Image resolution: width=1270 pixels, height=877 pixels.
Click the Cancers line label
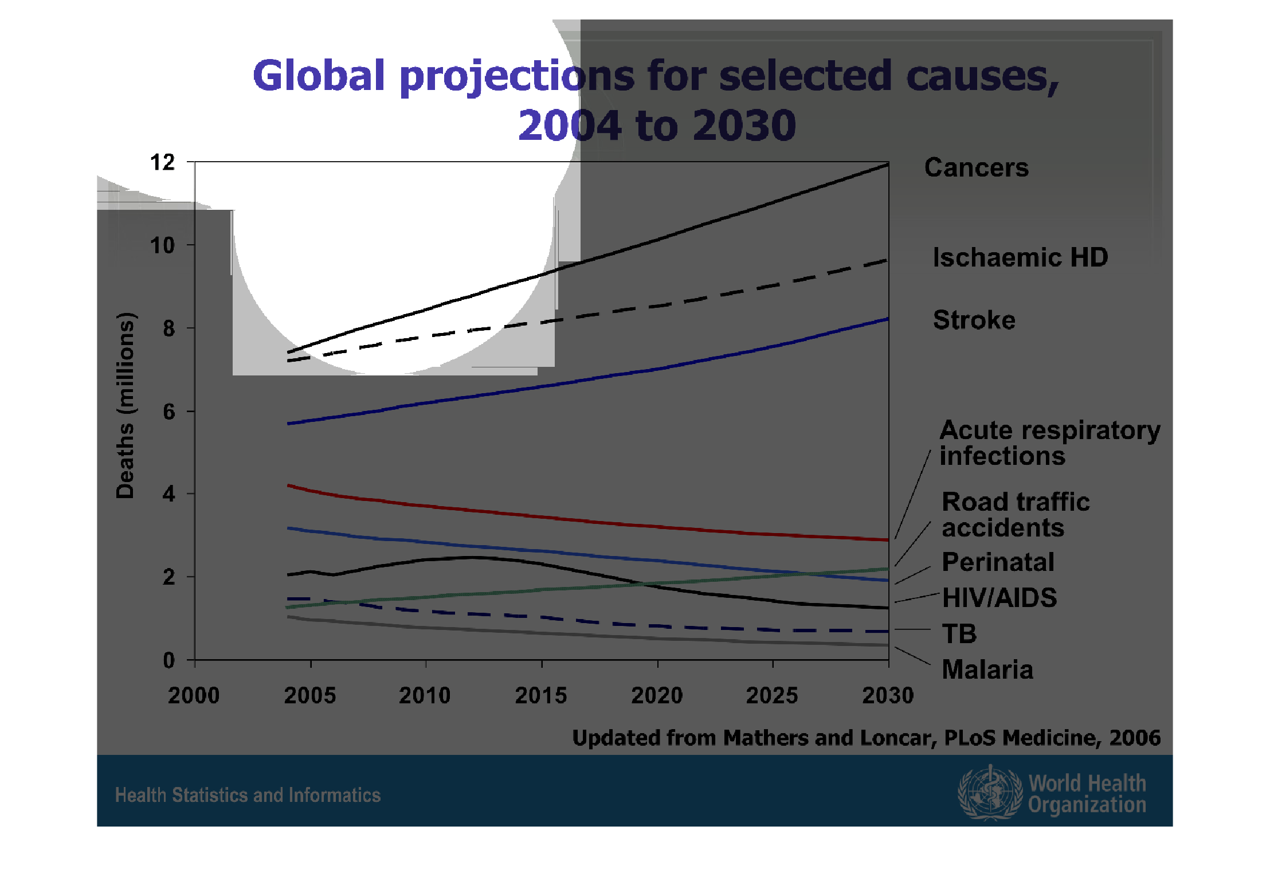(976, 168)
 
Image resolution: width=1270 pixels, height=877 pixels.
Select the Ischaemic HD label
(1020, 257)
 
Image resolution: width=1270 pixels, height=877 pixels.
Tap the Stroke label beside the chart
(974, 320)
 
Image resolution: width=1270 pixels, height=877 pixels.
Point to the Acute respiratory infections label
(1049, 443)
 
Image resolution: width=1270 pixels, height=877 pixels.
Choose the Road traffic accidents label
(1015, 514)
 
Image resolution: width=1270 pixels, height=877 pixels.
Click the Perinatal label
(998, 562)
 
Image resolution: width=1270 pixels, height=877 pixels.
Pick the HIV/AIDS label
(999, 598)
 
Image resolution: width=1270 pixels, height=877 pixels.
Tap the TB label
(959, 634)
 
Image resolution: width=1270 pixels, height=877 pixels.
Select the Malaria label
(987, 670)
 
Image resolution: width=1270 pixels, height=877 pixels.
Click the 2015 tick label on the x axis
(541, 695)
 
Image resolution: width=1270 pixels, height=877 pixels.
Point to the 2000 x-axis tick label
(194, 695)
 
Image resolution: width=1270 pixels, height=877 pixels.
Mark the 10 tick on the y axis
(162, 245)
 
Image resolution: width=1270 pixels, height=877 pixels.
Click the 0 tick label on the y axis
(168, 660)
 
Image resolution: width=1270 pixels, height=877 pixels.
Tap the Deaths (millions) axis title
(125, 405)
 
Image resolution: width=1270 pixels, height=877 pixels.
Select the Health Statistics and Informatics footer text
(248, 795)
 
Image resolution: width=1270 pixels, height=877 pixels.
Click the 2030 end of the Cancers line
(888, 165)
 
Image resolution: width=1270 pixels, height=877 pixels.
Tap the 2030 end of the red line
(888, 540)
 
